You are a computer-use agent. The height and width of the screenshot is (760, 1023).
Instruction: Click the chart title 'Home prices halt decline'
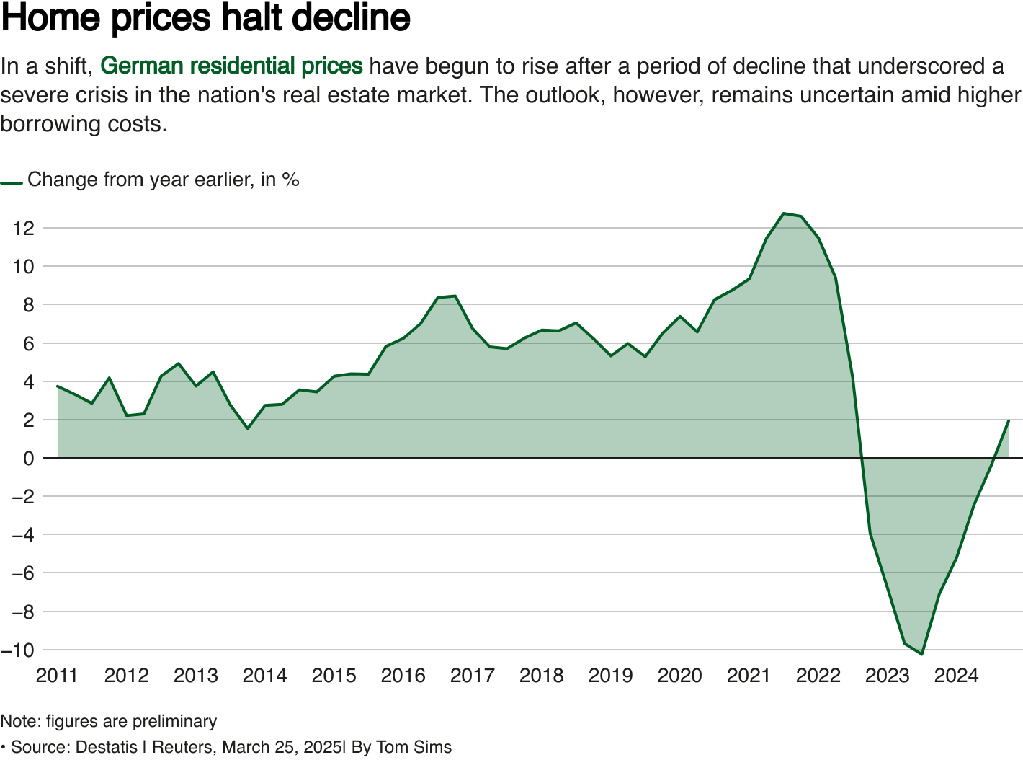206,18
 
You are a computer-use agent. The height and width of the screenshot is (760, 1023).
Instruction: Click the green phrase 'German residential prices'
231,66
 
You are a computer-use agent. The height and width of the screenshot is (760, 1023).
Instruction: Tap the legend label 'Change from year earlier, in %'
163,180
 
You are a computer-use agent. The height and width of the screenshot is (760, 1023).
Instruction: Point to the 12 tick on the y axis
24,229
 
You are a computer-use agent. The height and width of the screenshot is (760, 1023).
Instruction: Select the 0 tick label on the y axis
28,459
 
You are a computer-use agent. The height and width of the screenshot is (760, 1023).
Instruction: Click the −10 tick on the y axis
18,650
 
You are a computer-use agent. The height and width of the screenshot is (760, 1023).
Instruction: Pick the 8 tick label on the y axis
28,305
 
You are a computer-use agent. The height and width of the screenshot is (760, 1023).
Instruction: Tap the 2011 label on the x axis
57,676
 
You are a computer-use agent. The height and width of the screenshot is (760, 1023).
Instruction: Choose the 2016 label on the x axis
403,676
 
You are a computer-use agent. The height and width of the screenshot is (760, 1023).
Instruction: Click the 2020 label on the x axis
679,676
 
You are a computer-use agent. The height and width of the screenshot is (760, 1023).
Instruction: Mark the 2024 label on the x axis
956,676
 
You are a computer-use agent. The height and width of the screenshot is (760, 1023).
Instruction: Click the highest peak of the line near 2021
784,213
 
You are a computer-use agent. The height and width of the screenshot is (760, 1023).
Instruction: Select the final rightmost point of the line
1009,420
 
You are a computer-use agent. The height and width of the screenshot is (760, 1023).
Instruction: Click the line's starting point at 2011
58,386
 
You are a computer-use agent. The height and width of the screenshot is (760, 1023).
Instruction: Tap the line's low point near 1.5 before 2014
248,428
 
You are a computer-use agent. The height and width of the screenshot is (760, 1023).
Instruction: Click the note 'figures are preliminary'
131,722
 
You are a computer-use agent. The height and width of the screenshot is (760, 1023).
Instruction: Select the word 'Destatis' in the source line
106,748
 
